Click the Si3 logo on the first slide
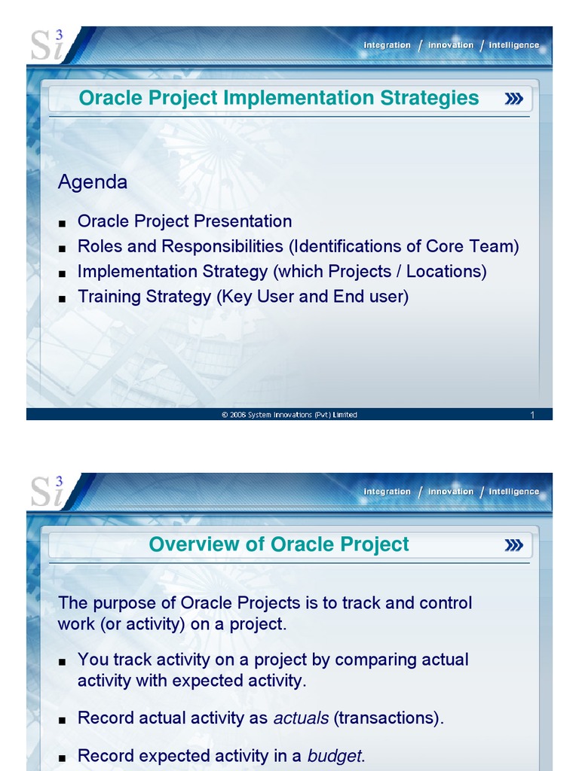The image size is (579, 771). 47,46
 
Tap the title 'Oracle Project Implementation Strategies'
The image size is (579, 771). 279,98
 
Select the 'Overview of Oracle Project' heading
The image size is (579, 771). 279,544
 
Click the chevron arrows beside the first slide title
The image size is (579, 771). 514,99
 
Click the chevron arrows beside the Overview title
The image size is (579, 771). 514,545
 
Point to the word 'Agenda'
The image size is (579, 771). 93,182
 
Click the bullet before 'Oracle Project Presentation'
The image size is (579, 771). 63,223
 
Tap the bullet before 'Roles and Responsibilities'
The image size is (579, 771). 63,248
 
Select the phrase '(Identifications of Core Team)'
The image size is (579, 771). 405,246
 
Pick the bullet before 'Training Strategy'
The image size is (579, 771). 63,298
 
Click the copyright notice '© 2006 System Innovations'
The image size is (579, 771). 289,415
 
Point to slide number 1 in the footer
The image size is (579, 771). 532,415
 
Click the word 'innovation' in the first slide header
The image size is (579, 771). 451,45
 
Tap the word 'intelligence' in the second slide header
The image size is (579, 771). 513,492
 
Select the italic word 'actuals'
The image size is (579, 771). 301,718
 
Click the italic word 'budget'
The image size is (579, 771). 335,756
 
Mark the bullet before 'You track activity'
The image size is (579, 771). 63,661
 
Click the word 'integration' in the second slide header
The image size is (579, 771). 387,492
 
